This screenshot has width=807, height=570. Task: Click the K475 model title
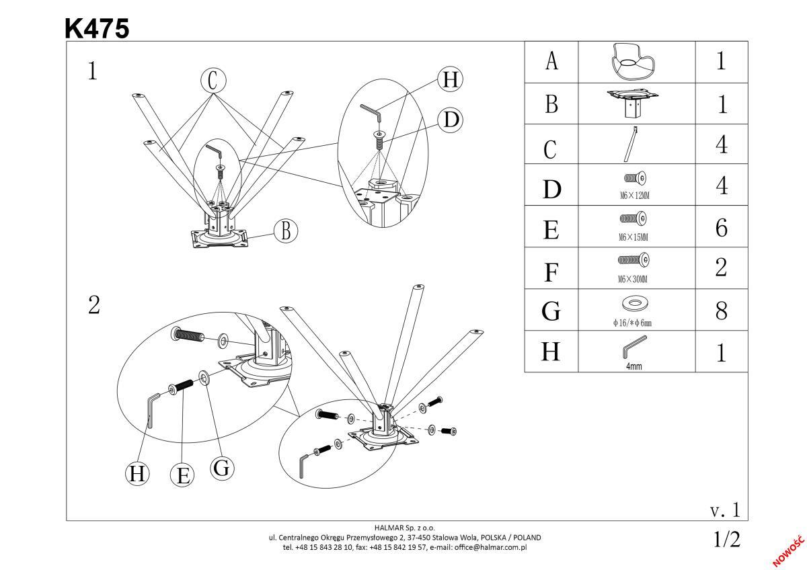tap(97, 28)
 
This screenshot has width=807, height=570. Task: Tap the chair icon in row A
tap(636, 62)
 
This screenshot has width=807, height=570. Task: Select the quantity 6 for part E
tap(721, 228)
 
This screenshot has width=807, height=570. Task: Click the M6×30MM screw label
tap(636, 278)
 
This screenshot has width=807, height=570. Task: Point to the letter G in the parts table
tap(551, 311)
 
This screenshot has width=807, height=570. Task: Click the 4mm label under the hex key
tap(633, 367)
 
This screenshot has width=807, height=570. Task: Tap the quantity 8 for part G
tap(721, 311)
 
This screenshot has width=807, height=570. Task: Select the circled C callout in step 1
tap(213, 81)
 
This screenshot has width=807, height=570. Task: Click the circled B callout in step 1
tap(286, 231)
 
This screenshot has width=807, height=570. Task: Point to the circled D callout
tap(451, 120)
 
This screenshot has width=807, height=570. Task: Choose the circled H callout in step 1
tap(450, 80)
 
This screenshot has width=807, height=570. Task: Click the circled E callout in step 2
tap(182, 475)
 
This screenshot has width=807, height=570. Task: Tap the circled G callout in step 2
tap(222, 469)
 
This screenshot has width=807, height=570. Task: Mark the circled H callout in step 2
tap(138, 474)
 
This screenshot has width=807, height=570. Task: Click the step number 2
tap(94, 306)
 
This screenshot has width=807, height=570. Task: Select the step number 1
tap(93, 71)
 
